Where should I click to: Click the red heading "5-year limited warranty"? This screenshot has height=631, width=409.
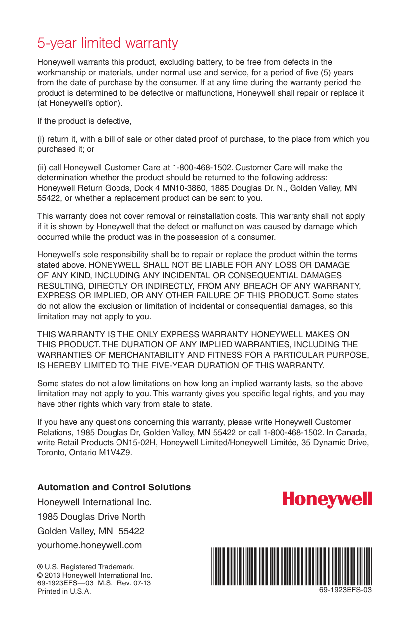click(x=108, y=43)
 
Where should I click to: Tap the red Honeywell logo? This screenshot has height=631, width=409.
click(x=327, y=499)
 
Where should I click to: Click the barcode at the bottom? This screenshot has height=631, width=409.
click(x=291, y=566)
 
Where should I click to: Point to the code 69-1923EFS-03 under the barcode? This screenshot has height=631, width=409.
click(x=346, y=590)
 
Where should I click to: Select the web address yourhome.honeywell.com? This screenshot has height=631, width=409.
click(x=90, y=545)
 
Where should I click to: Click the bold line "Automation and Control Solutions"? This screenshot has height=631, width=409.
click(x=114, y=487)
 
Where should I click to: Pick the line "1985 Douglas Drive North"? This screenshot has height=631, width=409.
click(x=91, y=517)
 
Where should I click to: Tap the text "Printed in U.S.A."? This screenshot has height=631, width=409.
click(x=64, y=592)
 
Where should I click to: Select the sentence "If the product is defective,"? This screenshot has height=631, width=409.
click(x=84, y=121)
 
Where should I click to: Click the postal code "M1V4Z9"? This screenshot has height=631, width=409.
click(x=118, y=452)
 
